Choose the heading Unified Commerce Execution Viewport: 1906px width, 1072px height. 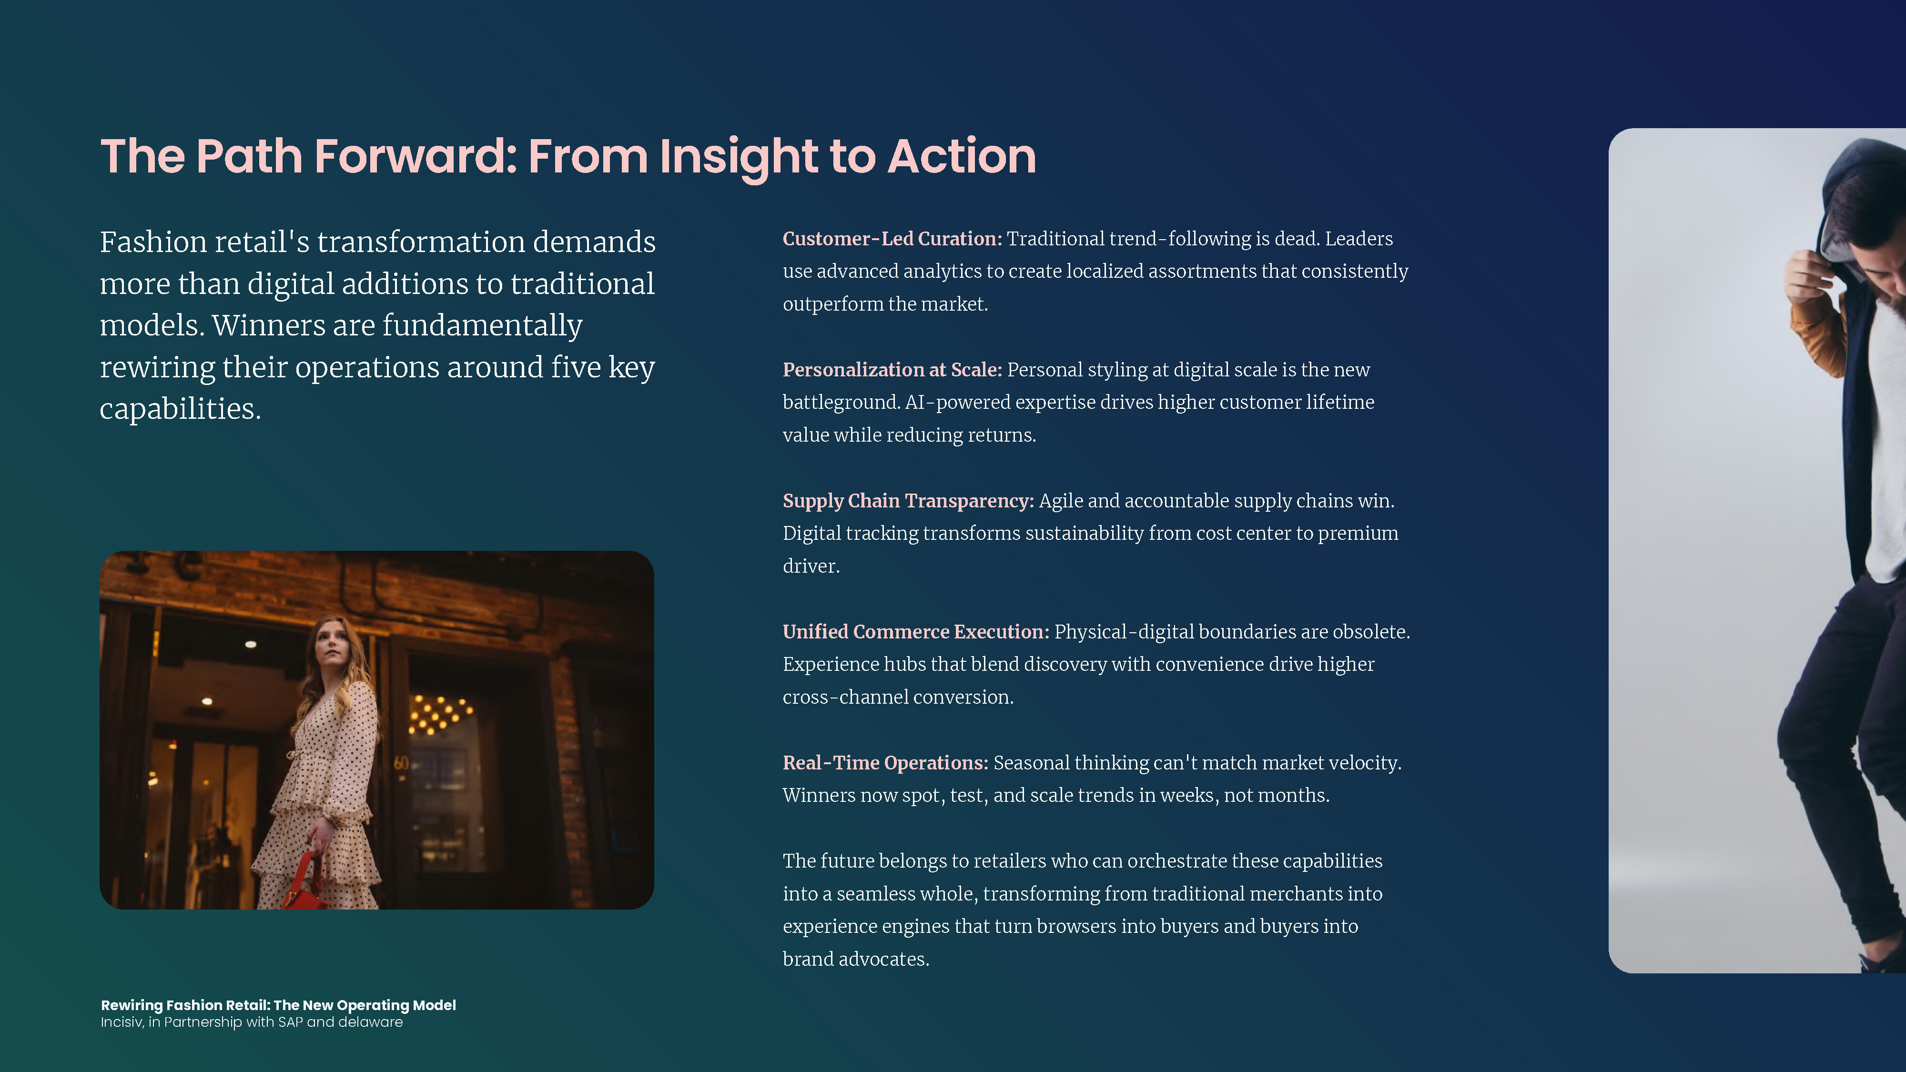(x=916, y=632)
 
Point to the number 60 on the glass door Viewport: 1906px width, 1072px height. (x=401, y=763)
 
